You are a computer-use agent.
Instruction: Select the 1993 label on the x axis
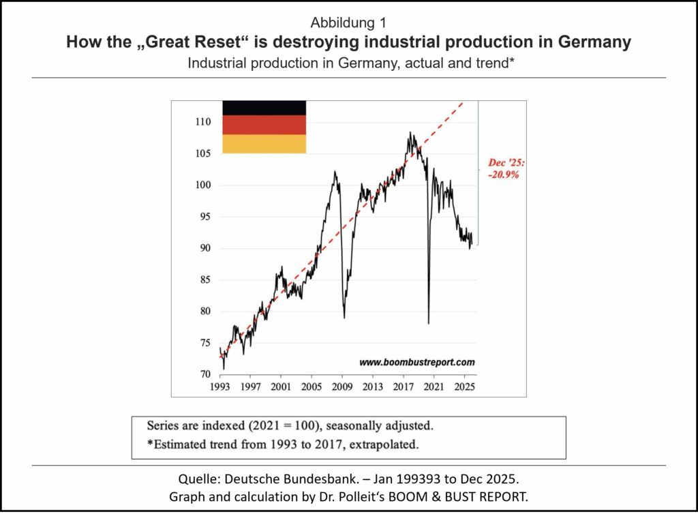220,386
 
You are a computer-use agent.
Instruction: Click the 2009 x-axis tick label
343,386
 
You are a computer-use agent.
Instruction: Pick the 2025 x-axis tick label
464,386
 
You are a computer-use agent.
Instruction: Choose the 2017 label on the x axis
403,386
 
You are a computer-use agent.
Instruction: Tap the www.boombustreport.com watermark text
417,362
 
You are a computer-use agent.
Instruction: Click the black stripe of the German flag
264,108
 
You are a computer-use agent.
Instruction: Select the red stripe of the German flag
264,125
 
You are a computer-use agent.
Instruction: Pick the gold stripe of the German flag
264,143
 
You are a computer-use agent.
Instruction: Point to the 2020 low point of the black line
428,323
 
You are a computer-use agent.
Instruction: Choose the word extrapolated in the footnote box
382,445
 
